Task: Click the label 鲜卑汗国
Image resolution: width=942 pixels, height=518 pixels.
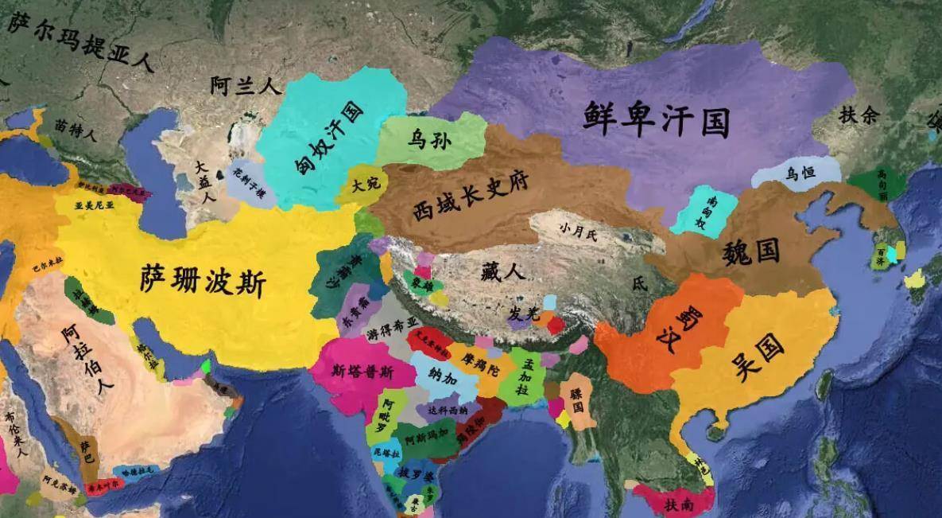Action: click(x=656, y=119)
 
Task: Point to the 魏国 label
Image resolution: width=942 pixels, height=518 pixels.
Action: click(x=750, y=253)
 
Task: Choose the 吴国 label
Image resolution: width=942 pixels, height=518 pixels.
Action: click(x=759, y=357)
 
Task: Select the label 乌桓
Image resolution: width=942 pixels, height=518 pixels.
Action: click(x=800, y=173)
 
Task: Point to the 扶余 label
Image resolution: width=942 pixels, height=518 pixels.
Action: click(x=859, y=116)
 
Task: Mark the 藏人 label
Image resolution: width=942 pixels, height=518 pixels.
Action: click(x=502, y=272)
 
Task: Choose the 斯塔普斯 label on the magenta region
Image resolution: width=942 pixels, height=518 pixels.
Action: click(x=362, y=371)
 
